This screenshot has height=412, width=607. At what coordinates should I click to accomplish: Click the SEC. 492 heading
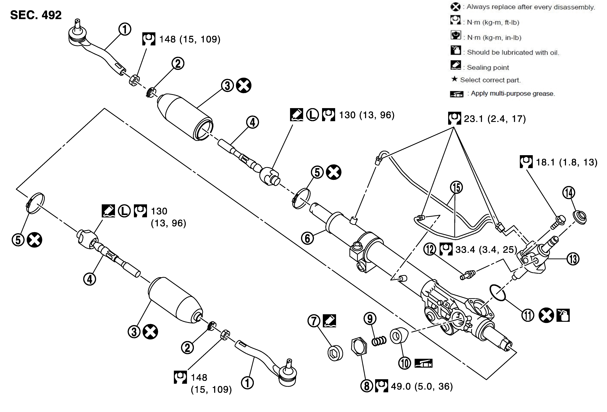pos(36,15)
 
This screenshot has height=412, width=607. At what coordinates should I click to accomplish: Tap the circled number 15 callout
pos(456,188)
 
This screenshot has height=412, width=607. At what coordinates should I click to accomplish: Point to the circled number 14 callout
pos(569,193)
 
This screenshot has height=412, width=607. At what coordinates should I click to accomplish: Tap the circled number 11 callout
pos(528,315)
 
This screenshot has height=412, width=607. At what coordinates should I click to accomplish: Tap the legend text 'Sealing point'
pos(488,68)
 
